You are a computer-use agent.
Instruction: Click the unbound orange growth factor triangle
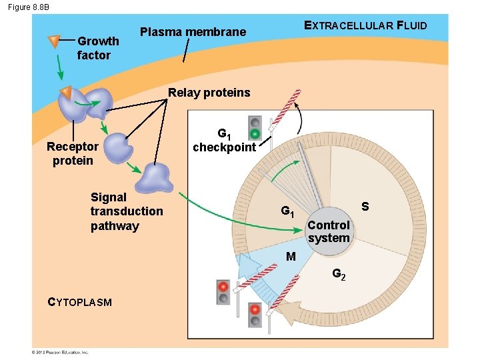tap(54, 42)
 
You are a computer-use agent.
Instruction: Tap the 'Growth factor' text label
tap(97, 48)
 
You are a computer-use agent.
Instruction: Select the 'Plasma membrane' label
tap(193, 32)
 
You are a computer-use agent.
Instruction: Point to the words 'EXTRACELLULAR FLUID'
tap(365, 26)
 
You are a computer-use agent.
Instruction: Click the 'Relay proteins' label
tap(209, 93)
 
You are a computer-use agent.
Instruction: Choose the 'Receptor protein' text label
tap(73, 153)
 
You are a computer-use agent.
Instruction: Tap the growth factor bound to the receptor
tap(65, 92)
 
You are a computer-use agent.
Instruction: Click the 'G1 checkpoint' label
tap(224, 141)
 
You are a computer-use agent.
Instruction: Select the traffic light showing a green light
tap(254, 128)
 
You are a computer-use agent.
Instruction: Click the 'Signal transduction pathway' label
tap(126, 211)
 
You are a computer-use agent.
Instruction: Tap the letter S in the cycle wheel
tap(365, 207)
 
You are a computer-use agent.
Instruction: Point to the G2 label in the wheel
tap(339, 274)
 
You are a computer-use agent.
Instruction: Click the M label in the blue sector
tap(291, 257)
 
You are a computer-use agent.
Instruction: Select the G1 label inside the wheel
tap(287, 212)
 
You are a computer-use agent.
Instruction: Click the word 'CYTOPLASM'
tap(80, 302)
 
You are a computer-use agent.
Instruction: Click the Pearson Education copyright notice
tap(60, 352)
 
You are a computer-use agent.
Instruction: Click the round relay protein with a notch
tap(119, 145)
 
